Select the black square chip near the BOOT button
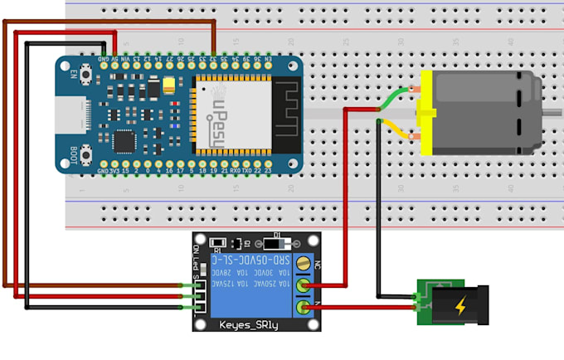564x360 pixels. point(123,143)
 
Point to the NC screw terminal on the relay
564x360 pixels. point(305,265)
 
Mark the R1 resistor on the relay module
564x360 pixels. point(216,243)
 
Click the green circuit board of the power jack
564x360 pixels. point(425,304)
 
